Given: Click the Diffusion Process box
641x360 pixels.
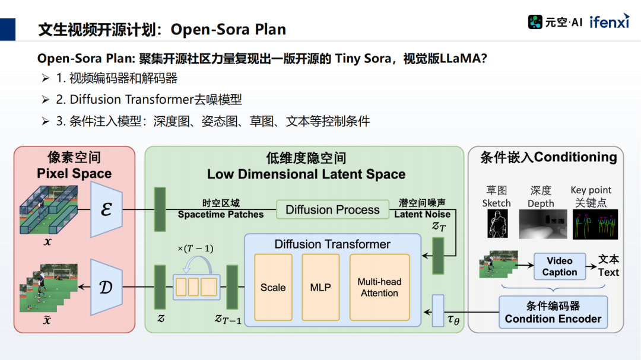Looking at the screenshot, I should (332, 210).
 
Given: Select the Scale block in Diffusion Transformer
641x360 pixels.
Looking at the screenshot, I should (273, 288).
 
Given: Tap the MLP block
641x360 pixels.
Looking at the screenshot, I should (320, 288).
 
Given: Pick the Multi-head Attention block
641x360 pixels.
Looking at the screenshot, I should (379, 288).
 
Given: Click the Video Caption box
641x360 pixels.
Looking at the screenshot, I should (559, 266).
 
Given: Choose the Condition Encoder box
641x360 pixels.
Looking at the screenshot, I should (553, 313).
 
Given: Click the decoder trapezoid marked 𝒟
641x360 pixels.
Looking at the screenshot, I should (106, 288).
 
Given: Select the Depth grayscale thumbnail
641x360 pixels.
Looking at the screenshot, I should (540, 224).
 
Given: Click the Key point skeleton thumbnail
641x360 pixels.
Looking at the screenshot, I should (595, 224).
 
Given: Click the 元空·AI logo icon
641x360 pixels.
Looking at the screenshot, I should (535, 23).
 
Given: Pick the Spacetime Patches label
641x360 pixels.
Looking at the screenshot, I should (220, 214).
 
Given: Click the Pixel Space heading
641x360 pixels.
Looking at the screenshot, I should (74, 174).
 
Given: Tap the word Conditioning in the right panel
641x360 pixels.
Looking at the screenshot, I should (576, 157).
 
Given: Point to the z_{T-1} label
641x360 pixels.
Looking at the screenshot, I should (228, 318).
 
